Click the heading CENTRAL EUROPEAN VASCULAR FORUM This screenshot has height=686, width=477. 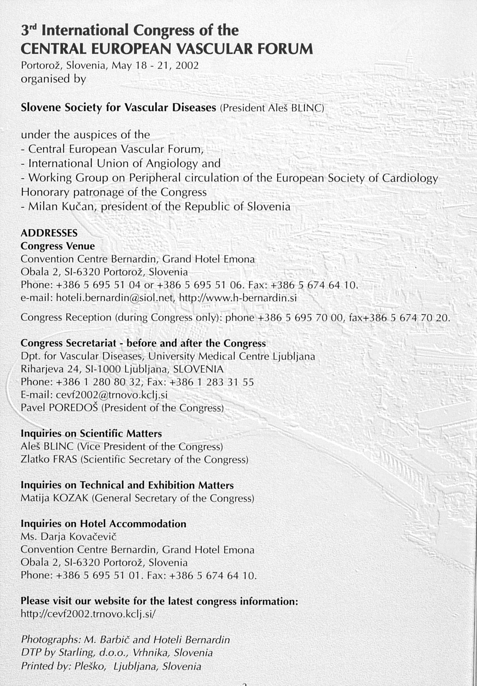point(167,49)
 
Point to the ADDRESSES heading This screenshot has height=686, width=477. point(49,232)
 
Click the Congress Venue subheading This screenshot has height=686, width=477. point(58,246)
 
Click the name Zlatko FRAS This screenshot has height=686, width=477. point(49,460)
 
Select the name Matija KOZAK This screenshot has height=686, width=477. point(54,498)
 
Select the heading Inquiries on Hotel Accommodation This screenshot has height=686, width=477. point(103,524)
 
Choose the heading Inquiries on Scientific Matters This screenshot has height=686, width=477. point(91,434)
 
